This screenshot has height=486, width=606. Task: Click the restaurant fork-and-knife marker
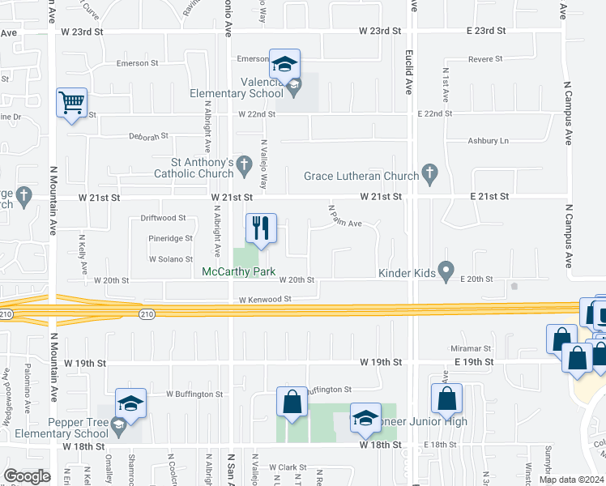(261, 228)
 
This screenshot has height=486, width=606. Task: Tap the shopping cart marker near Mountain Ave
(72, 104)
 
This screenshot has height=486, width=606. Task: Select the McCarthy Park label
(239, 271)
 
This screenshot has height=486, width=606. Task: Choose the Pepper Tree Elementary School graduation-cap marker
(130, 403)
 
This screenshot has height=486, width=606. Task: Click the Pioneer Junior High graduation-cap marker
(365, 417)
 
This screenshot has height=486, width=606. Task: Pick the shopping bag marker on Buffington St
(292, 402)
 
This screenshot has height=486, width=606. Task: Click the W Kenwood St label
(264, 299)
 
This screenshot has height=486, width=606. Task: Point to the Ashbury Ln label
(488, 140)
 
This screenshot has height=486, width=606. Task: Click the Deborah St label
(148, 136)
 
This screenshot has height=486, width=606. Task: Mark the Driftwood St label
(163, 218)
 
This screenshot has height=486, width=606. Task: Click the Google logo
(27, 476)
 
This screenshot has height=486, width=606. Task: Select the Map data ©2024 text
(570, 480)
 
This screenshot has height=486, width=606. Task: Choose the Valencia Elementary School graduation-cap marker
(284, 63)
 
